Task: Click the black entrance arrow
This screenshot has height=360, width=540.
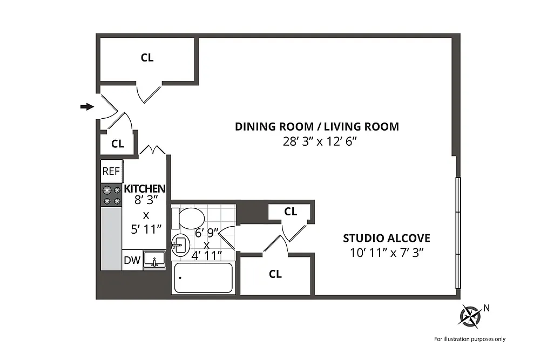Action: [87, 107]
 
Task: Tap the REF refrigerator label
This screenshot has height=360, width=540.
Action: [111, 171]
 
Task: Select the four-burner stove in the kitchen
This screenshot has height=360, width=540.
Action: [111, 195]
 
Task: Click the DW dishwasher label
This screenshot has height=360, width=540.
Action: [132, 260]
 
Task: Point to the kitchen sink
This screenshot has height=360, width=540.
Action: [154, 260]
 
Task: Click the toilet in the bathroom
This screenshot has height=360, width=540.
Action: [188, 218]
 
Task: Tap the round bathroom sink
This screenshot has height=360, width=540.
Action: [181, 244]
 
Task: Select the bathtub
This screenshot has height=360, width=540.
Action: [204, 278]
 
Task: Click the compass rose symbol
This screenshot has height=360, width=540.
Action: [470, 316]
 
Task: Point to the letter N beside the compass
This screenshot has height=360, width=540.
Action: [487, 308]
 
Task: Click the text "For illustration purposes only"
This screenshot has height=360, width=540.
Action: [470, 339]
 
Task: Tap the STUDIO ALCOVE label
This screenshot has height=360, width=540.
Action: [387, 238]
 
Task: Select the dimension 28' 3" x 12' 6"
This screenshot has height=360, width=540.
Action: [320, 141]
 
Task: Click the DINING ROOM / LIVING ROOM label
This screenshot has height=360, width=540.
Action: [317, 127]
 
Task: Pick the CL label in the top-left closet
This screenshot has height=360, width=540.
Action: [147, 57]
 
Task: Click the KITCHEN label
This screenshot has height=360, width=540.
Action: [145, 188]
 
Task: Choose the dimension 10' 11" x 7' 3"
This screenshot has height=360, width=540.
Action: [387, 253]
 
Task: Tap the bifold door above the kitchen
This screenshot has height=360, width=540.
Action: [153, 149]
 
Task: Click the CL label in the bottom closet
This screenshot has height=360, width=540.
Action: [275, 274]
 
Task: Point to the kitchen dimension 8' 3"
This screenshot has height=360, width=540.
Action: [146, 200]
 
